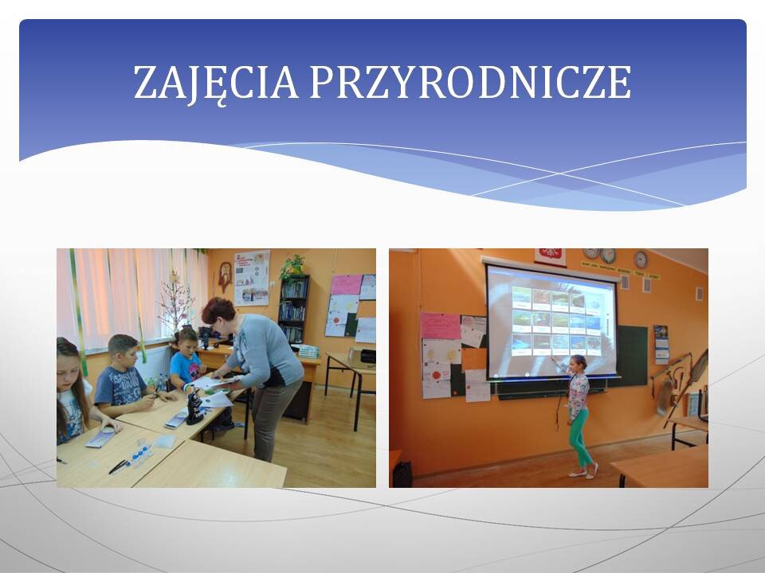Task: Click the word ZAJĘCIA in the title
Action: [x=216, y=84]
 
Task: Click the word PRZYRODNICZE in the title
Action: [x=470, y=82]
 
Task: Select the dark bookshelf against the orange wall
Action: [x=293, y=310]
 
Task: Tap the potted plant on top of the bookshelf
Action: [x=292, y=267]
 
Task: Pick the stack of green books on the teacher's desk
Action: [x=308, y=351]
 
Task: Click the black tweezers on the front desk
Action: [x=119, y=467]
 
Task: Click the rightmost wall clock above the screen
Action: [x=640, y=259]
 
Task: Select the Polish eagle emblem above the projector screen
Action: [x=551, y=256]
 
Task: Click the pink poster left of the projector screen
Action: [x=440, y=325]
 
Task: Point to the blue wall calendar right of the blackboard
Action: [x=661, y=344]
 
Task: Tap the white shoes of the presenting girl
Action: [x=583, y=472]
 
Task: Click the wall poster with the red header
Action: [x=252, y=278]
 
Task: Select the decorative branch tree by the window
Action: [x=175, y=303]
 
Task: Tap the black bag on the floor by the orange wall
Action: [x=402, y=474]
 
